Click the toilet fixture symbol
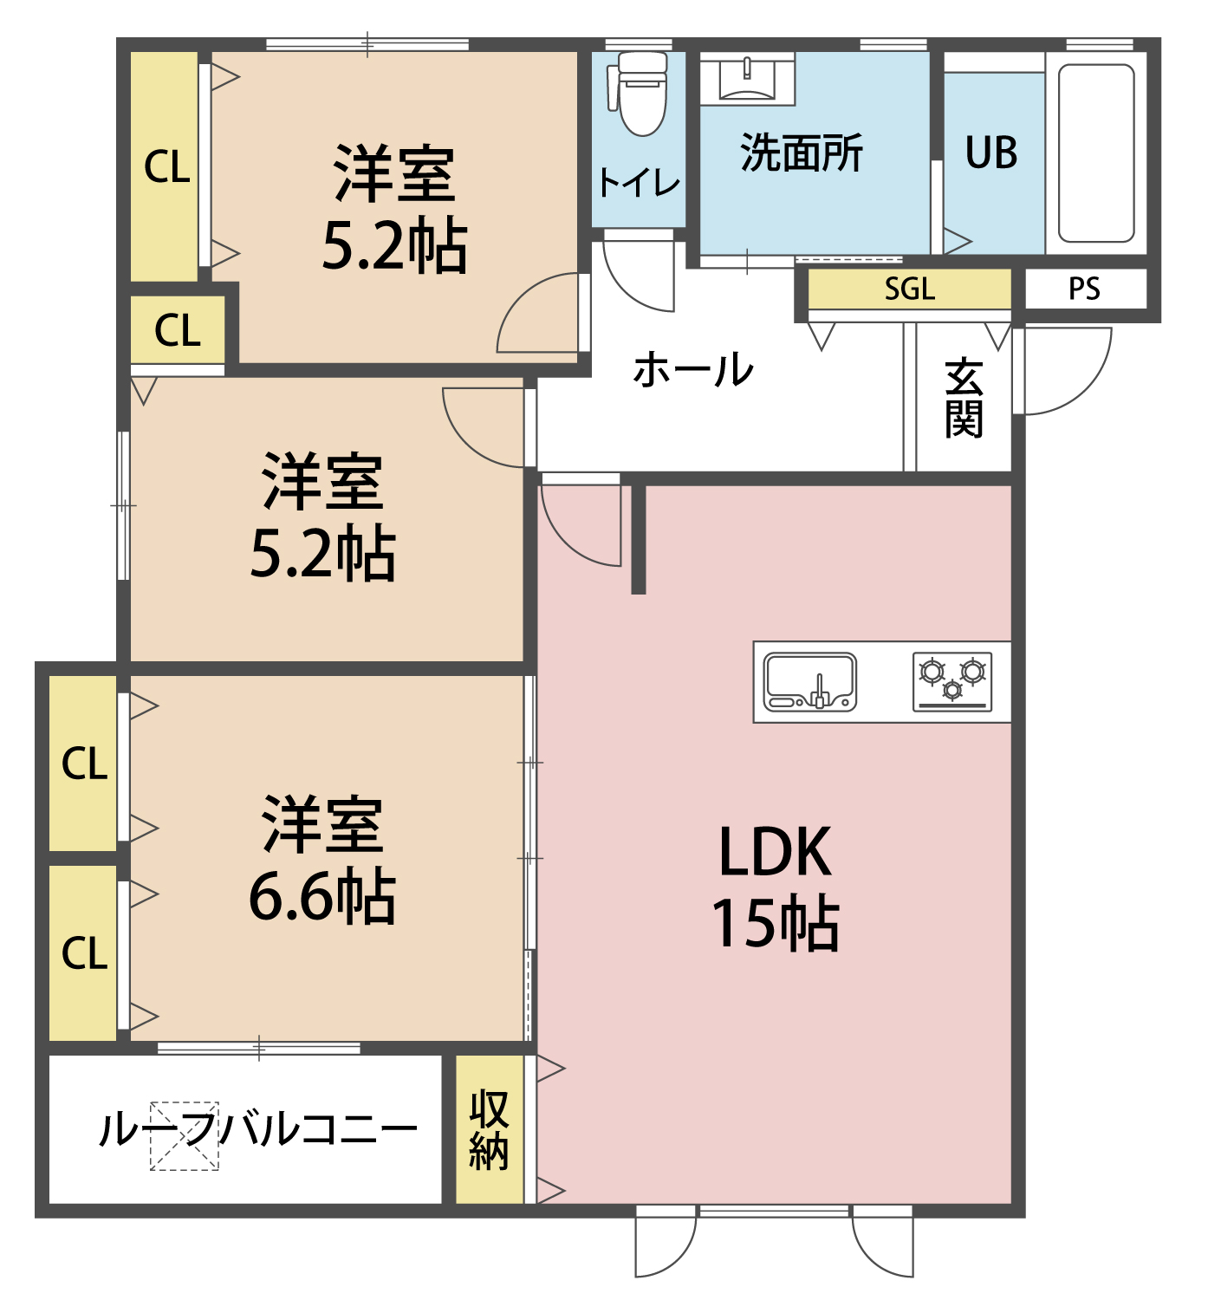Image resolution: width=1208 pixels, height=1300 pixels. point(642,93)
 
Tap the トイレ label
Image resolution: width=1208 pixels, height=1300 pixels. point(639,183)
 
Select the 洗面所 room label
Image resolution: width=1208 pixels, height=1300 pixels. point(802,153)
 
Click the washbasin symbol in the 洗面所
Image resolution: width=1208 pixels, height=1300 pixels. point(747,79)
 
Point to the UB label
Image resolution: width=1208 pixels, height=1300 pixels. point(991,153)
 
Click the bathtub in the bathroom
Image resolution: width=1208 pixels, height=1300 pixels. point(1096,153)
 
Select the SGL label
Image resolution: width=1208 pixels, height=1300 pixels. point(909,289)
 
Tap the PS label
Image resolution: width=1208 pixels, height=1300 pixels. point(1084,289)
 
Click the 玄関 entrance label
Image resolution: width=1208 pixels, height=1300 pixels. point(964,399)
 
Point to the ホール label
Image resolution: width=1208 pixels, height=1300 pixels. point(693,370)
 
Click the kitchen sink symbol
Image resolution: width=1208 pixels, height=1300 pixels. point(809,682)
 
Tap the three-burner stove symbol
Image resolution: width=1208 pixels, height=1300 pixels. point(952,682)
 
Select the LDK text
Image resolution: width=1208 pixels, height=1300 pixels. point(775,853)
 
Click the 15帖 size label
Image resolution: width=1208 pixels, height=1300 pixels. point(775,924)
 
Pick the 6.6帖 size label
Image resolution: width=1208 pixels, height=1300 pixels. point(321,896)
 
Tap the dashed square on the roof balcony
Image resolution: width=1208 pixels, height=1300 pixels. point(185,1136)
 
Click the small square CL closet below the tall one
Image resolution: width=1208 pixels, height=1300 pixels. point(178,330)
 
